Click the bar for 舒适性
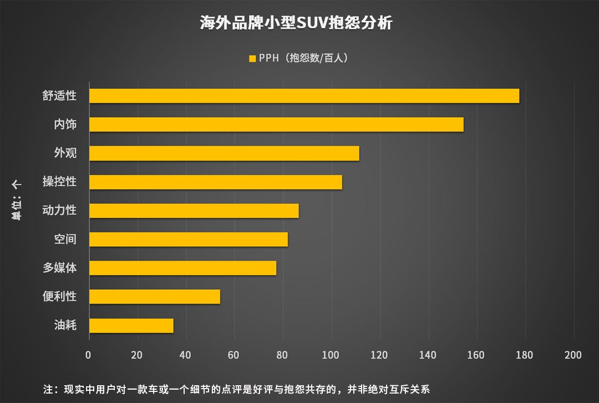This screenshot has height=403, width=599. point(304,95)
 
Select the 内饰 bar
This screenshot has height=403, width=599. point(276,124)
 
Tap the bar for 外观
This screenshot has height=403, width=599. point(224,153)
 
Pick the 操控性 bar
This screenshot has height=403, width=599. point(216,182)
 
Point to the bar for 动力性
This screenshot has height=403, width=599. point(194,211)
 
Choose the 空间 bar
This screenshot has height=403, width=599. point(189,239)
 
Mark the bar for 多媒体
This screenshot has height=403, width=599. point(182,268)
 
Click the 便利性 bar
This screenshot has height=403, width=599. point(155,297)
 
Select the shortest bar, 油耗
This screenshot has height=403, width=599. point(131,326)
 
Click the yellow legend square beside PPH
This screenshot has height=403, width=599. point(252,58)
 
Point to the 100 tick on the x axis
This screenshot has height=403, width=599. point(331,355)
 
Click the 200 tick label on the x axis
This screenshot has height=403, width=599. point(573,355)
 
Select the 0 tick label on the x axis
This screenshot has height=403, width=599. point(89,355)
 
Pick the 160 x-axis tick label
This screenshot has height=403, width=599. point(476,355)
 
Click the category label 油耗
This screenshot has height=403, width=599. point(65,325)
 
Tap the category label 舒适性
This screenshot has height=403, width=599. point(59,95)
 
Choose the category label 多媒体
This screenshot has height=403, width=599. point(59,268)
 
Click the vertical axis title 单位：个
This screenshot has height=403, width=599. point(17,201)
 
